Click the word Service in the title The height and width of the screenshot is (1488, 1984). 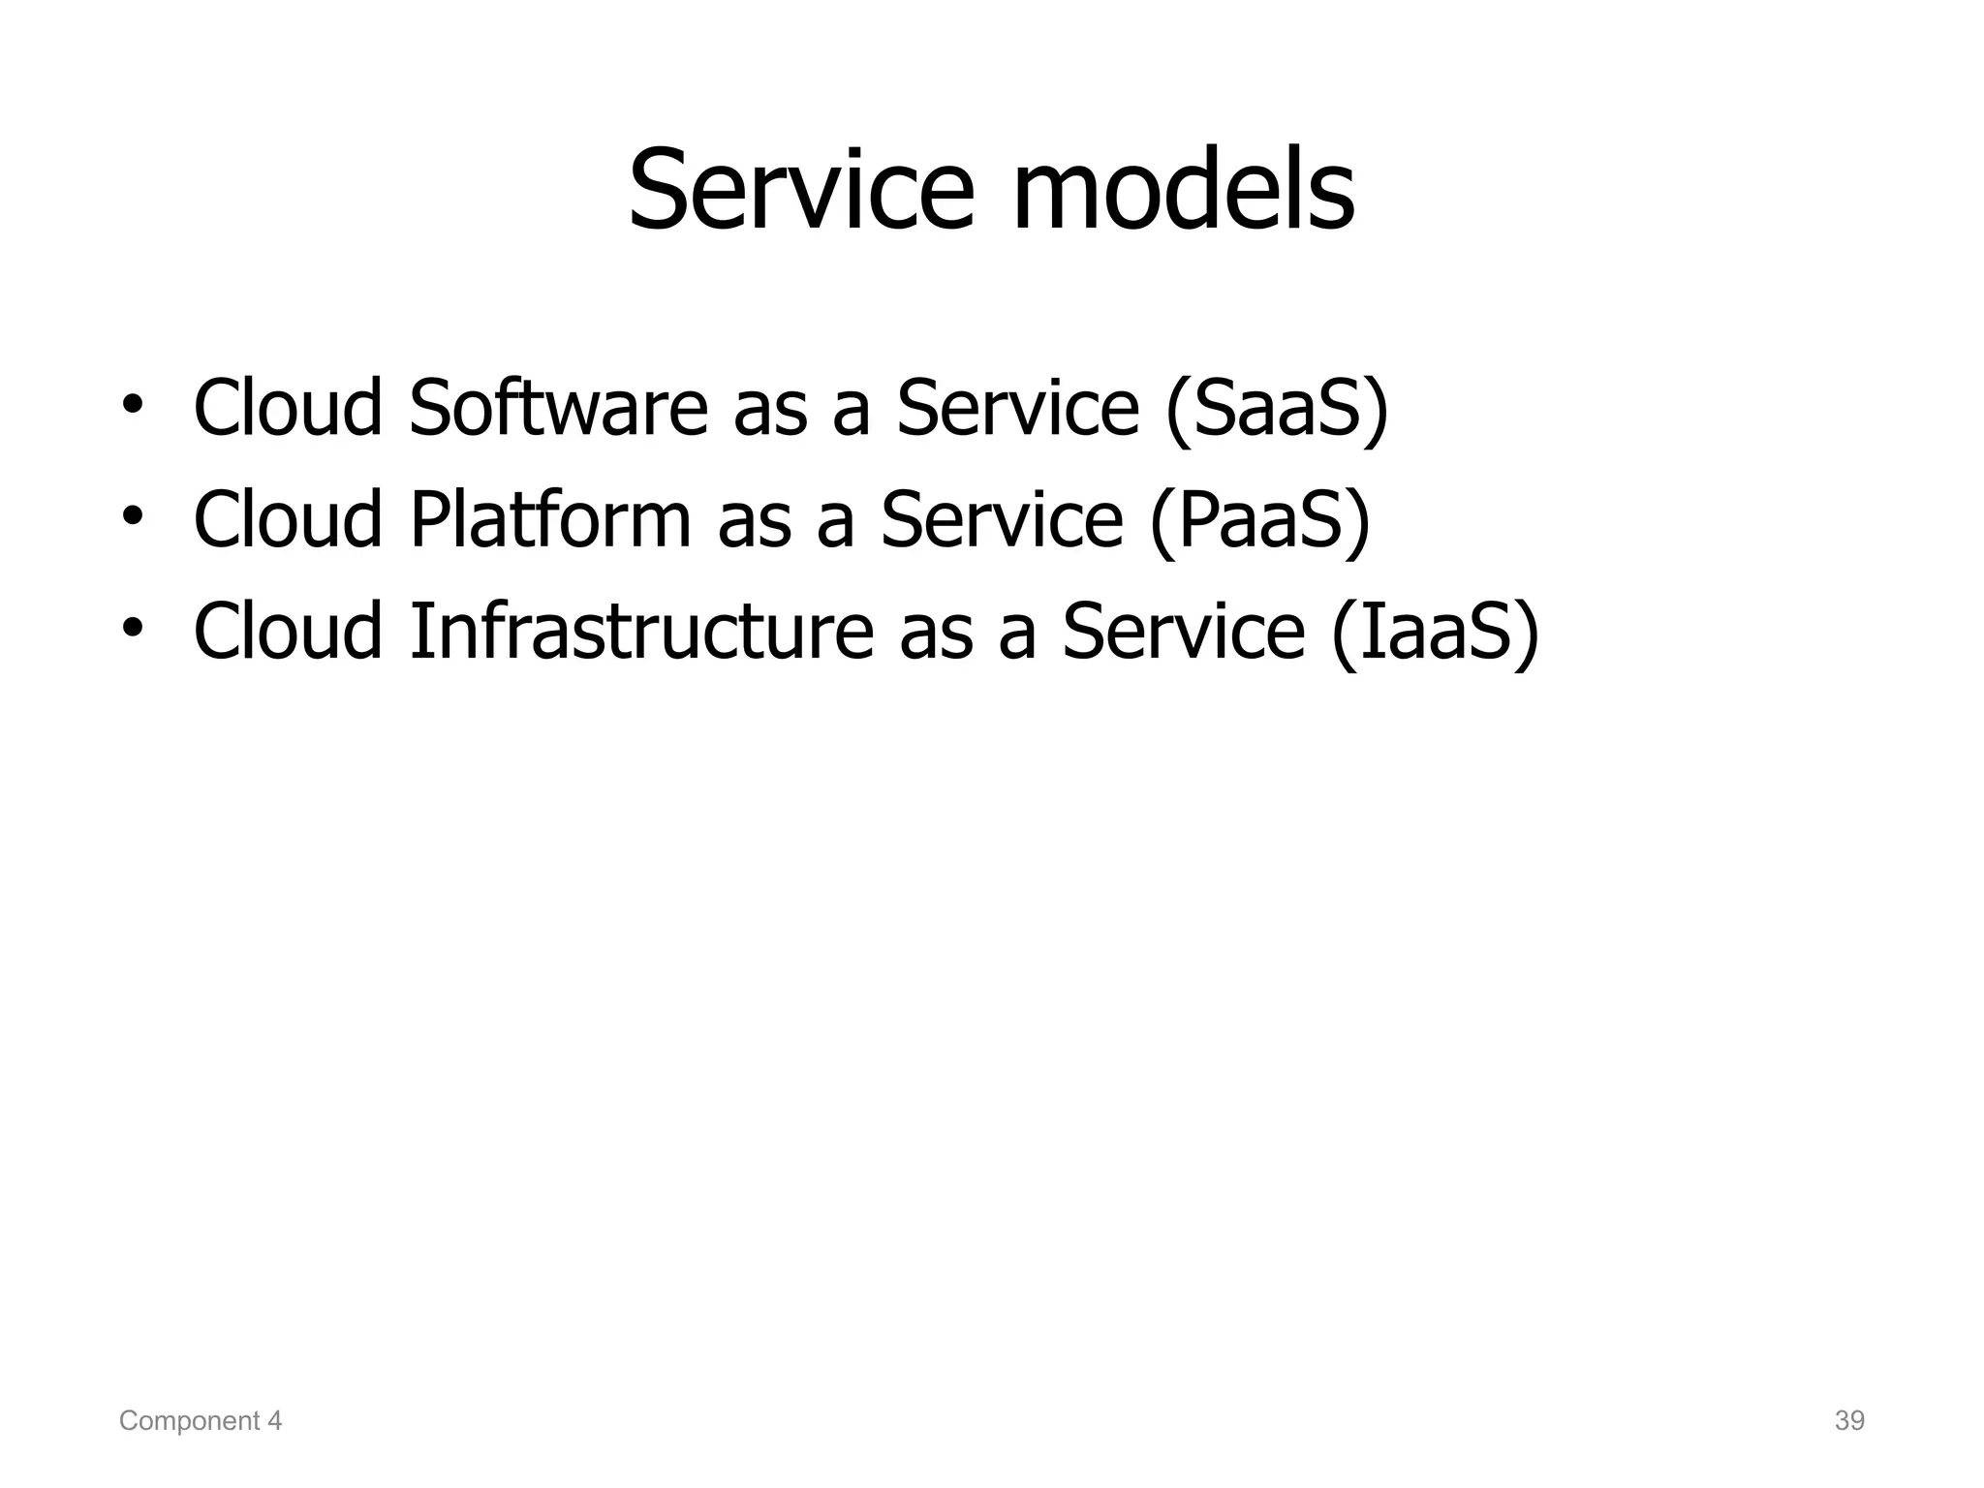[800, 190]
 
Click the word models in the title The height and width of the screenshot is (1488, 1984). [1183, 190]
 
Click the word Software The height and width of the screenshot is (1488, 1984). [559, 408]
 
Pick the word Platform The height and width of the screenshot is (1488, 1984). [550, 519]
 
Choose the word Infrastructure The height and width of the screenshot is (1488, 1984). [641, 631]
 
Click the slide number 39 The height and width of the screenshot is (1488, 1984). [1849, 1421]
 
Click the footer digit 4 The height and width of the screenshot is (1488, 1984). [275, 1421]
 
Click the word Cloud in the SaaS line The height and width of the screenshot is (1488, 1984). [289, 408]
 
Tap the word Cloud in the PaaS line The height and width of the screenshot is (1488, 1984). [289, 519]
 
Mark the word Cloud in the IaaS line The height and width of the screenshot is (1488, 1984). [289, 631]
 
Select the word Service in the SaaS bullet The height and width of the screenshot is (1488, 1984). [1017, 408]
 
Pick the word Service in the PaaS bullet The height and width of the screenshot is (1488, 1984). [1002, 519]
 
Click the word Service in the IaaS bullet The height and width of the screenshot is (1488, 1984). [1184, 631]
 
